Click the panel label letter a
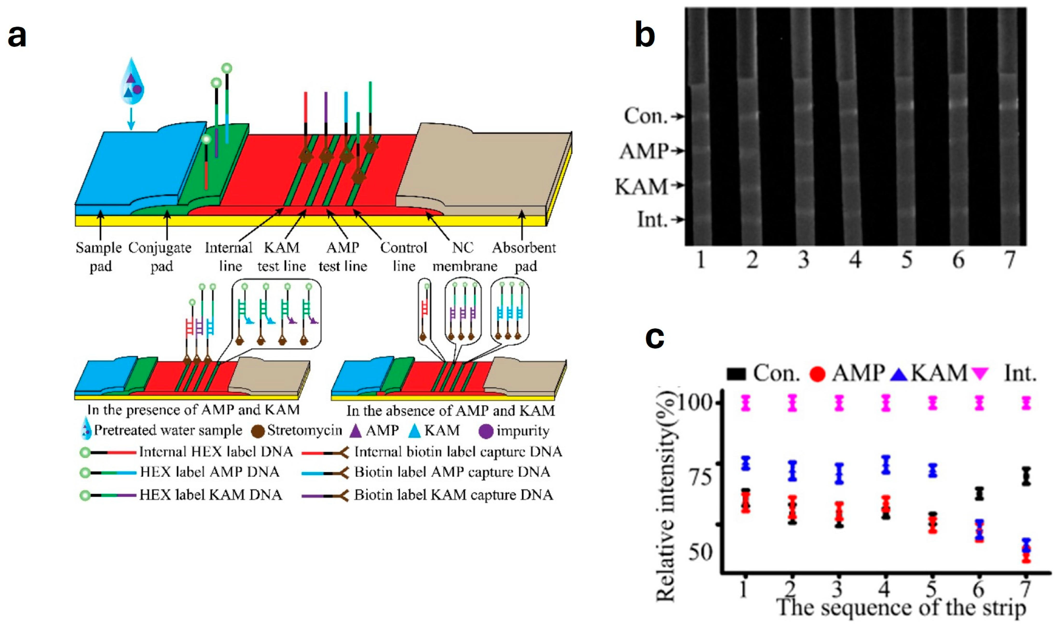point(17,36)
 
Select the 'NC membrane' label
point(464,257)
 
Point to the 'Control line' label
point(403,257)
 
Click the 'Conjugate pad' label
point(160,257)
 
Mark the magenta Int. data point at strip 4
point(886,403)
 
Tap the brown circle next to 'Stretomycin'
point(258,431)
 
